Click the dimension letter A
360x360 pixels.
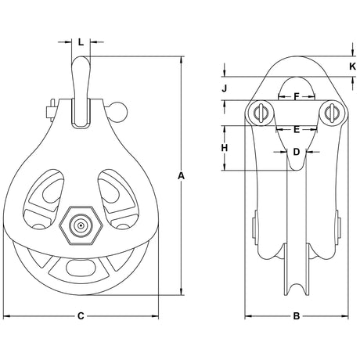pyautogui.click(x=181, y=176)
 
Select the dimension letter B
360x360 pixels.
pyautogui.click(x=297, y=316)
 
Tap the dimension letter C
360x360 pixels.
pyautogui.click(x=81, y=316)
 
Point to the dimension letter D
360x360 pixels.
pyautogui.click(x=297, y=152)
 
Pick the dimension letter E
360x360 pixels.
pyautogui.click(x=297, y=130)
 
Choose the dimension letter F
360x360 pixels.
pyautogui.click(x=297, y=97)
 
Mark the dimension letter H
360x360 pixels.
pyautogui.click(x=225, y=148)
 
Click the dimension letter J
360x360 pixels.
pyautogui.click(x=225, y=88)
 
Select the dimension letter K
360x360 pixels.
pyautogui.click(x=353, y=67)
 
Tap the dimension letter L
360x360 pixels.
pyautogui.click(x=81, y=41)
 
